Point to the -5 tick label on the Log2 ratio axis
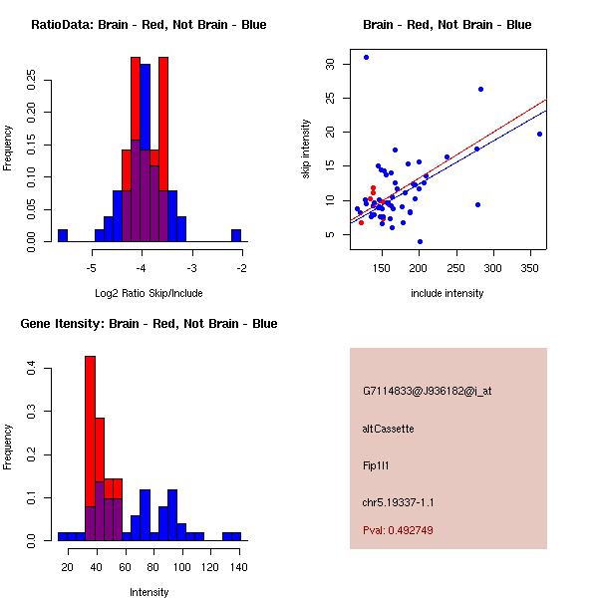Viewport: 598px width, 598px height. pyautogui.click(x=92, y=268)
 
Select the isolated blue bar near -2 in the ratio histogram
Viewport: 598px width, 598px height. pyautogui.click(x=237, y=235)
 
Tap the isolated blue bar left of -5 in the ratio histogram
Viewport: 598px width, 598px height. pyautogui.click(x=63, y=235)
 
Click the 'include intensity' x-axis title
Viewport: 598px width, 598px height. pyautogui.click(x=448, y=293)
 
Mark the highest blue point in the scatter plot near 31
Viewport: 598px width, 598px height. pyautogui.click(x=366, y=57)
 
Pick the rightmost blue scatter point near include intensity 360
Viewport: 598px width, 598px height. pyautogui.click(x=539, y=134)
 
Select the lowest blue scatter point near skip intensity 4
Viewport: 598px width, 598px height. pyautogui.click(x=420, y=241)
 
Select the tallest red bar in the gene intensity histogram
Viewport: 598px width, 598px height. pyautogui.click(x=90, y=448)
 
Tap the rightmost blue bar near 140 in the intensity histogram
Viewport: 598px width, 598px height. pyautogui.click(x=231, y=536)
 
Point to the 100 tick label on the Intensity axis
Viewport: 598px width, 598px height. pyautogui.click(x=181, y=567)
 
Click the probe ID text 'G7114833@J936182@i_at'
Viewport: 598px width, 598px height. pyautogui.click(x=427, y=391)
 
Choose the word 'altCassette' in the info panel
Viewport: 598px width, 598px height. pyautogui.click(x=388, y=429)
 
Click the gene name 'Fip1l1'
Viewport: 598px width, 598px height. pyautogui.click(x=375, y=464)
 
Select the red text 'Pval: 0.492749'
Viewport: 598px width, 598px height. pyautogui.click(x=398, y=530)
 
